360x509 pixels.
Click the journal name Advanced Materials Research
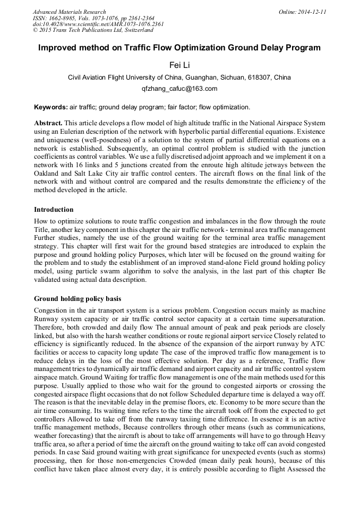[69, 12]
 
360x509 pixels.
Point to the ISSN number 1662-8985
[61, 18]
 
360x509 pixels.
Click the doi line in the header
[98, 24]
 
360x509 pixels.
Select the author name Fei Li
[179, 65]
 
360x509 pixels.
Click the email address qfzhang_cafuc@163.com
[179, 88]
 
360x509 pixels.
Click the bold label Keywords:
[50, 107]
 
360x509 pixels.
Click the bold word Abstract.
[48, 123]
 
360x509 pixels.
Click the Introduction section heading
[54, 210]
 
